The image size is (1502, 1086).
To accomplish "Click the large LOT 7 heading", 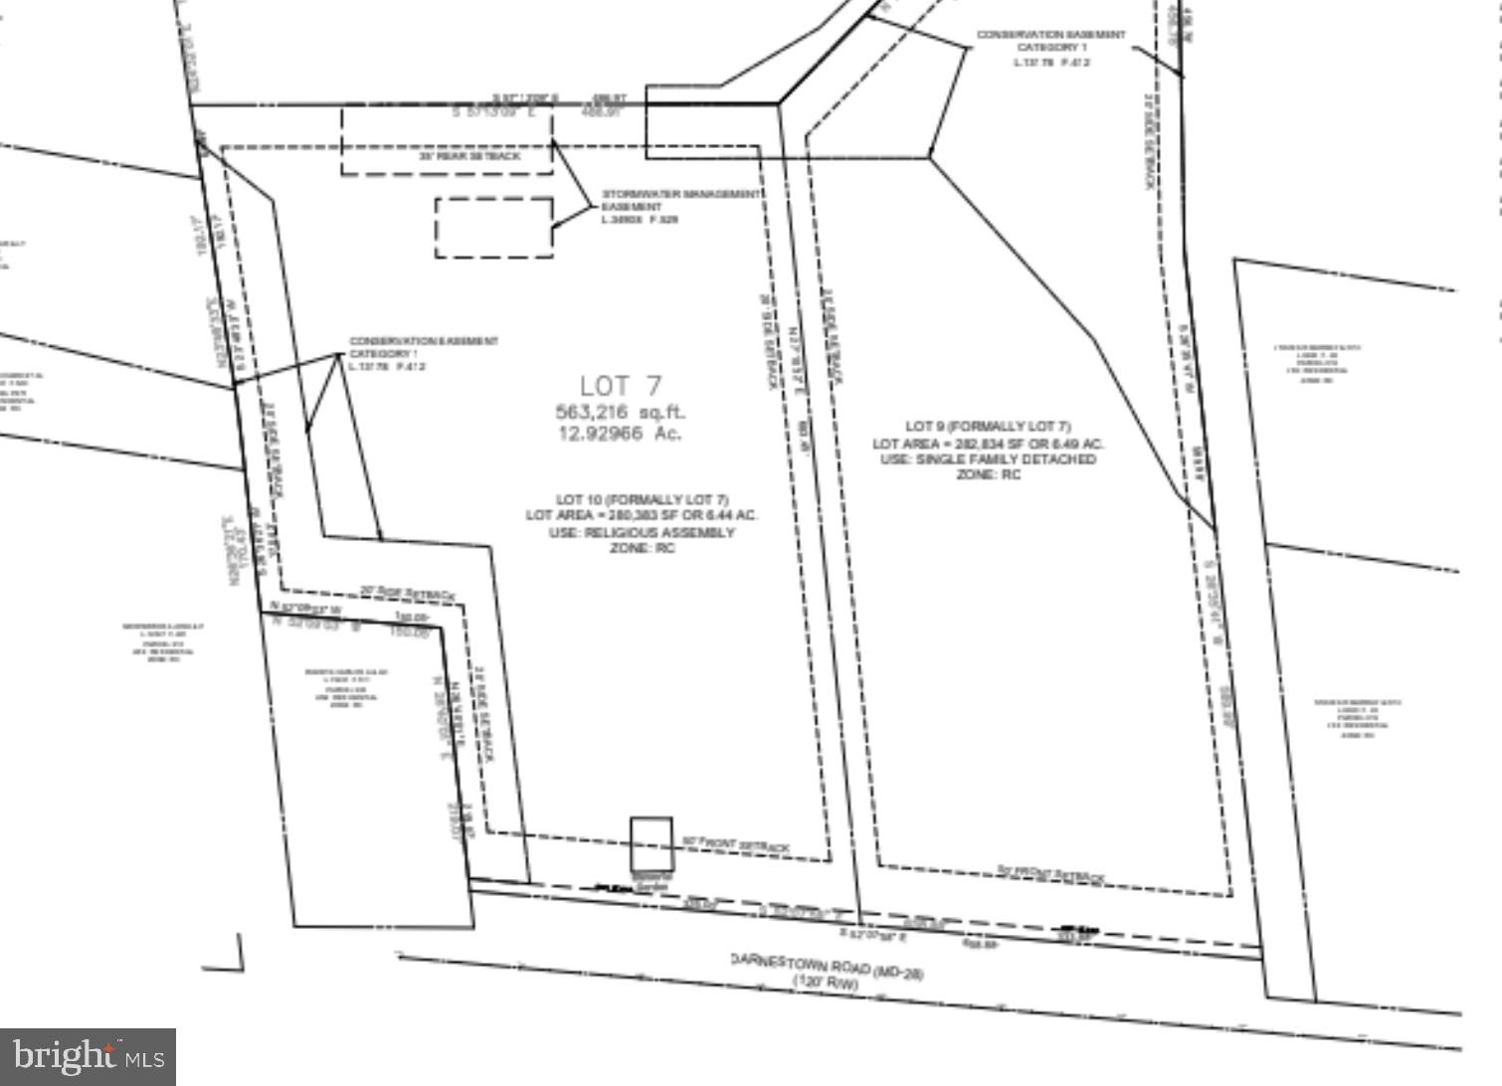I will tap(620, 385).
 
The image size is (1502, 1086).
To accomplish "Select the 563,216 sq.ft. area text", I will tap(621, 411).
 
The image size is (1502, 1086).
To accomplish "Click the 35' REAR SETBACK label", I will tap(469, 156).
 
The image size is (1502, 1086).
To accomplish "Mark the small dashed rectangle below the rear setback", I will tap(493, 228).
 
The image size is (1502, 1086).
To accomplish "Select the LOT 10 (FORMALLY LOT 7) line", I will tap(643, 499).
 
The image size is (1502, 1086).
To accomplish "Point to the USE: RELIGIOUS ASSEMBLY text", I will tap(643, 532).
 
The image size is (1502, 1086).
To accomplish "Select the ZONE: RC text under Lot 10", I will tap(643, 548).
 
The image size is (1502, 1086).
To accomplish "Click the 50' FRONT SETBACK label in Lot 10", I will tap(735, 845).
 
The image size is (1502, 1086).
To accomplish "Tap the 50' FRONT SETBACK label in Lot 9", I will tap(1050, 873).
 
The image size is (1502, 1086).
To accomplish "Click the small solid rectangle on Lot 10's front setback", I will tap(652, 843).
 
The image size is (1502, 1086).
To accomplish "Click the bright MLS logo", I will tap(89, 1056).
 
